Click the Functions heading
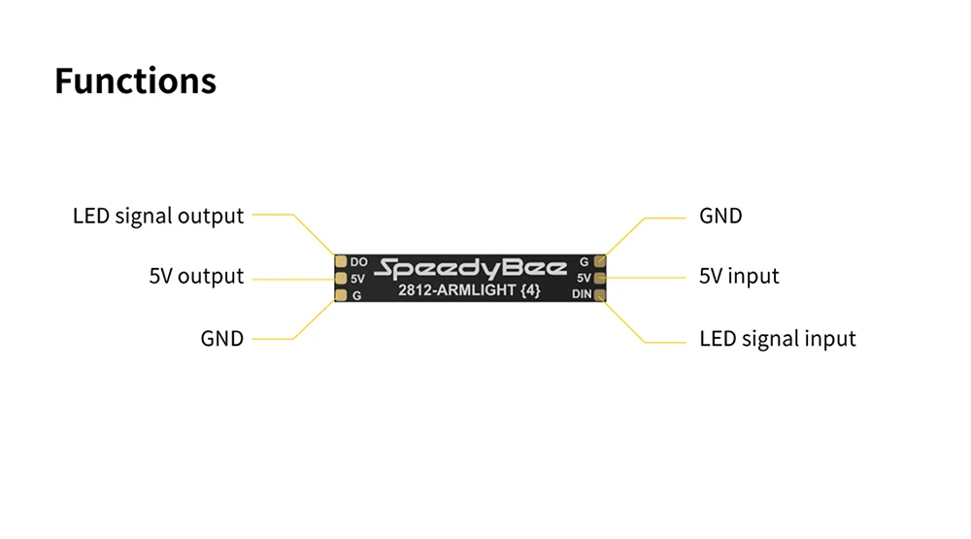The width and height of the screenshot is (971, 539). (x=135, y=81)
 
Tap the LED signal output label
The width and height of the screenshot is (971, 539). (x=158, y=216)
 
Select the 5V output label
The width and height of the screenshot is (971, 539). (x=196, y=277)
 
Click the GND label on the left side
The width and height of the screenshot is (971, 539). (x=221, y=339)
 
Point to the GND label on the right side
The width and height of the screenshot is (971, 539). (x=720, y=216)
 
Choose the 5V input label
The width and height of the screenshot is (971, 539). (x=739, y=277)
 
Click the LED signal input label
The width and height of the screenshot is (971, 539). (x=778, y=339)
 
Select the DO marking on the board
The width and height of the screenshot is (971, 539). (x=358, y=262)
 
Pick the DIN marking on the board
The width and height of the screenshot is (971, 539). (x=581, y=293)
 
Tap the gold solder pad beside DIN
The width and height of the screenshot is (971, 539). (x=600, y=293)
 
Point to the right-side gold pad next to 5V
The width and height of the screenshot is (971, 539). (x=600, y=278)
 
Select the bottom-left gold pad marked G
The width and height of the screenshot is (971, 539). (x=341, y=294)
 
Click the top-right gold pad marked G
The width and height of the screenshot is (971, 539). (x=600, y=261)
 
